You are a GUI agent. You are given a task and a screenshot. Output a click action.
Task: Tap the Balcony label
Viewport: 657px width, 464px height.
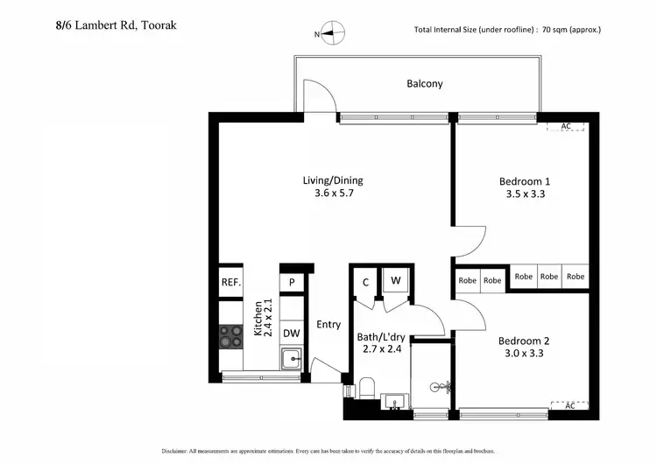(424, 84)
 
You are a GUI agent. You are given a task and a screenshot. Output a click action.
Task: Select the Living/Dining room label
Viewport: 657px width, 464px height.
(333, 186)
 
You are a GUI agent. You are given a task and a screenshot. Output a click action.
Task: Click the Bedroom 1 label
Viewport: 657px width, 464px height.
(525, 187)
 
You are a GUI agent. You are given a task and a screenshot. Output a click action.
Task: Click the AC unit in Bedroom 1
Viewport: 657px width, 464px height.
(566, 127)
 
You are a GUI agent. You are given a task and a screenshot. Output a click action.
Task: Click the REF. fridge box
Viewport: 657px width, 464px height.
(230, 283)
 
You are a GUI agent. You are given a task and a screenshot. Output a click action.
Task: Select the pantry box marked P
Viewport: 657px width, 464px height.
(291, 282)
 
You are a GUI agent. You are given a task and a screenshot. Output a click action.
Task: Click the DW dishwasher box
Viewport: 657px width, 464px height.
(291, 333)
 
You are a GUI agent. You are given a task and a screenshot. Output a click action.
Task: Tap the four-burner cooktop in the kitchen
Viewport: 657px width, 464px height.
(230, 334)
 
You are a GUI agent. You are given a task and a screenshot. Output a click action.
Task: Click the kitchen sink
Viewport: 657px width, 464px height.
(291, 357)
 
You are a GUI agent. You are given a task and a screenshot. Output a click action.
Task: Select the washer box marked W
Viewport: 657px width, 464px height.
(396, 281)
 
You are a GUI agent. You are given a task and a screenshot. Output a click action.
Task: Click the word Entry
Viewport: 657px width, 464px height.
(328, 325)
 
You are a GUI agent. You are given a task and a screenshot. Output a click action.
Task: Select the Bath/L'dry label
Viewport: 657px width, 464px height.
(381, 343)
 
